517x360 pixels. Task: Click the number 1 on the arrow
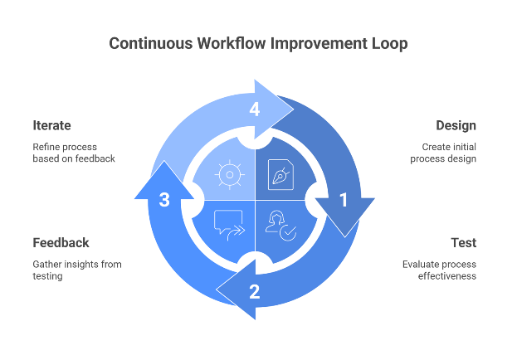(344, 200)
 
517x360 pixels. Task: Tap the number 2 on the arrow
(254, 291)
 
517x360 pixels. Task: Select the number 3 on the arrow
(164, 200)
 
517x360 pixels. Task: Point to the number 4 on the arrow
(254, 109)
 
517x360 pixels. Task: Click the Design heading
(456, 125)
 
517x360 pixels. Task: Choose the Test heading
(463, 243)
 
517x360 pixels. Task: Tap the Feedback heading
(61, 243)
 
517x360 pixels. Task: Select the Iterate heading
(52, 125)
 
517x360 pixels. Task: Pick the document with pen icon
(281, 175)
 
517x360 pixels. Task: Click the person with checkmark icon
(281, 225)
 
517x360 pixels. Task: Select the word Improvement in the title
(317, 43)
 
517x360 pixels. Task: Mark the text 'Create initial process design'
(443, 153)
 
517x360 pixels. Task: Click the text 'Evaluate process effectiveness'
(439, 270)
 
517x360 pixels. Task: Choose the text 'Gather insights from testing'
(76, 270)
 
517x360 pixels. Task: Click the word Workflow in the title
(236, 43)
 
